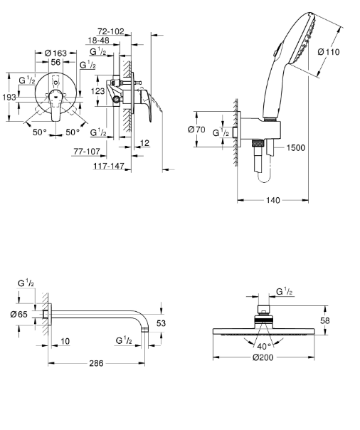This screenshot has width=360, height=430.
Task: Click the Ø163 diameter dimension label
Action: [x=55, y=53]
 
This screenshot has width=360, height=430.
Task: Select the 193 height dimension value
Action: [x=9, y=97]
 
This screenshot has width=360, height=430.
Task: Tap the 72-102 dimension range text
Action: [x=111, y=31]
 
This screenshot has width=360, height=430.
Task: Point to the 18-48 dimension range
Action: [x=98, y=41]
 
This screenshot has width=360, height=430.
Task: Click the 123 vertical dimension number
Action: [x=98, y=91]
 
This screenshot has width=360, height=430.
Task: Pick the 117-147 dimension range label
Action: [x=109, y=166]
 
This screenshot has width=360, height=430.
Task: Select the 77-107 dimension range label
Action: [x=87, y=151]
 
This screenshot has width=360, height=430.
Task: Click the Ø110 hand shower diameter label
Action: [x=329, y=51]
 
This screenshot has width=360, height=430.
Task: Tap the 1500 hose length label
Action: [x=296, y=148]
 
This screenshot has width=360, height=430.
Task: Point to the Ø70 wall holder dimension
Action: [x=196, y=129]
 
